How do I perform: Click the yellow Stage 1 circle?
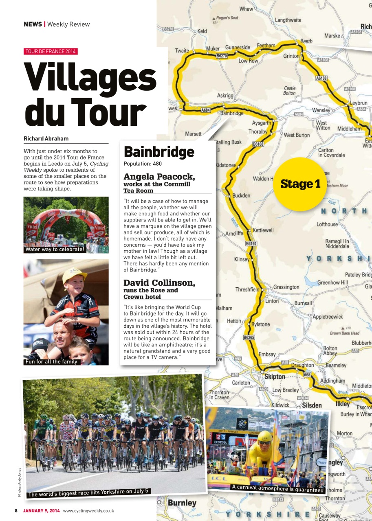pos(300,184)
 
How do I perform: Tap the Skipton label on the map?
pos(275,377)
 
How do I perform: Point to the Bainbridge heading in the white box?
pos(159,152)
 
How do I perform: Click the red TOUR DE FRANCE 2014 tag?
pos(51,51)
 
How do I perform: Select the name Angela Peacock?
pos(159,177)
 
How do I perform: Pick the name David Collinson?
pos(159,282)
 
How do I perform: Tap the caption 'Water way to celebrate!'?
pos(55,249)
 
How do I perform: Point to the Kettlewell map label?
pos(263,230)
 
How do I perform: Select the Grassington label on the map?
pos(286,287)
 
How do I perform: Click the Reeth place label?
pos(306,41)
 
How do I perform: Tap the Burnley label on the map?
pos(182,503)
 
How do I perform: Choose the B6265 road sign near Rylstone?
pos(249,337)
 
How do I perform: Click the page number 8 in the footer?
pos(16,511)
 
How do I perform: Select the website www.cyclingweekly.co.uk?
pos(88,511)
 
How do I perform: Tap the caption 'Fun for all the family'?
pos(51,361)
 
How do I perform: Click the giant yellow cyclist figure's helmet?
pos(264,436)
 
